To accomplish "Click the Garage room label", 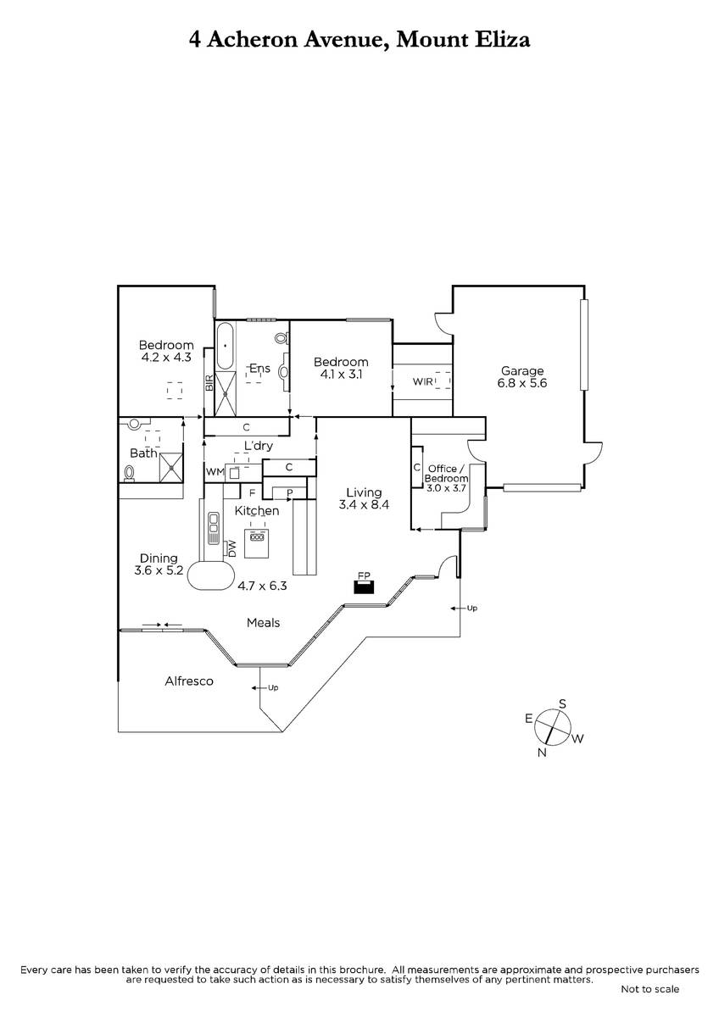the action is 521,371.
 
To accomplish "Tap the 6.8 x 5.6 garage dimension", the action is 521,383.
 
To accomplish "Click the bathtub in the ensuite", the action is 225,346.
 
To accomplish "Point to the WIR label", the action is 422,382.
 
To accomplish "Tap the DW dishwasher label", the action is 232,548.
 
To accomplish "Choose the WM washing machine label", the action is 215,472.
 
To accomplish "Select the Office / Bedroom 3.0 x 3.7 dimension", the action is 446,488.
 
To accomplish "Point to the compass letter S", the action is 562,704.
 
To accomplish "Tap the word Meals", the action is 263,622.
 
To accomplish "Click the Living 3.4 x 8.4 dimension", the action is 364,505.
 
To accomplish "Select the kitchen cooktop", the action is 257,536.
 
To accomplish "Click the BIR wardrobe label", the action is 209,383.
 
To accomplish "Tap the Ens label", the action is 259,368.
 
